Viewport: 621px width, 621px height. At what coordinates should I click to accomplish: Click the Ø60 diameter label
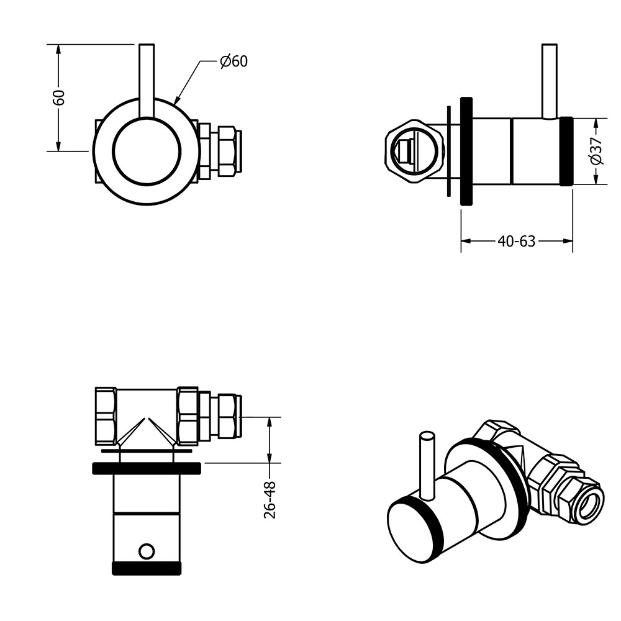click(234, 61)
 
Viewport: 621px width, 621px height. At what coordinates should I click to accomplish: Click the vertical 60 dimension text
click(58, 97)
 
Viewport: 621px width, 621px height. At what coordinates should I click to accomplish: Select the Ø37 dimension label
click(596, 151)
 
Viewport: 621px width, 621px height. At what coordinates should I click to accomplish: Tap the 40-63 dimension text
click(517, 241)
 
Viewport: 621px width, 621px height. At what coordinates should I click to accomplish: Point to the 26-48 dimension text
click(270, 500)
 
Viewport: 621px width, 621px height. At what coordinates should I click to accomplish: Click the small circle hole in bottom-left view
click(146, 551)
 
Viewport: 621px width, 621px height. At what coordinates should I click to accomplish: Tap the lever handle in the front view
click(147, 81)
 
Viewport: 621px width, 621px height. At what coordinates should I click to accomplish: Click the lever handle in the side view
click(550, 81)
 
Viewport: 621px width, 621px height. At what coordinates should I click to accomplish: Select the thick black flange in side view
click(466, 151)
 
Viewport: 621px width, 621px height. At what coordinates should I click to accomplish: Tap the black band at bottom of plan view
click(147, 568)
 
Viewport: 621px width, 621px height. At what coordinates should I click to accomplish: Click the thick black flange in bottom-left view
click(147, 468)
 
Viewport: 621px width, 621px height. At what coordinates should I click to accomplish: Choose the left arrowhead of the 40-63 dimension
click(466, 241)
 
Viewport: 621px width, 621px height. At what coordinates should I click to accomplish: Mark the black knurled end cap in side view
click(566, 151)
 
